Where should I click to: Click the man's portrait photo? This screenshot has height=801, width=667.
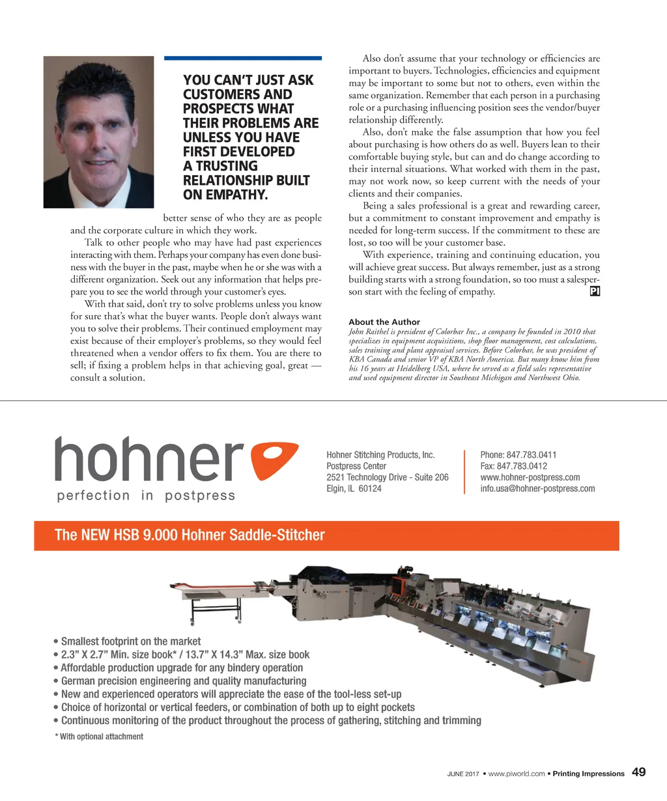coord(98,132)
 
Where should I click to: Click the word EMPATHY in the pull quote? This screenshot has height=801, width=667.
coord(235,195)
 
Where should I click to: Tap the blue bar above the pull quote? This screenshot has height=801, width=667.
coord(243,58)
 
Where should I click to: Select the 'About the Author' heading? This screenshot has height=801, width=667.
coord(384,322)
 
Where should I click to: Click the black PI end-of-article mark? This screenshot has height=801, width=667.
coord(594,292)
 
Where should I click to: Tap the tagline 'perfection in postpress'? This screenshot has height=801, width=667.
coord(146,496)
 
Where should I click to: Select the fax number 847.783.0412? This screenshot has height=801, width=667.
coord(522,466)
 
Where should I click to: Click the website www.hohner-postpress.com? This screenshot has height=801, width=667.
coord(530,477)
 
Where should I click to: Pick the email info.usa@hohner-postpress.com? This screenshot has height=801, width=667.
coord(537,488)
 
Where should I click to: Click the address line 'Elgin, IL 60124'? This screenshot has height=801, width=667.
coord(354,488)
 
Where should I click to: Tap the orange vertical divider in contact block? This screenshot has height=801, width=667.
coord(464,471)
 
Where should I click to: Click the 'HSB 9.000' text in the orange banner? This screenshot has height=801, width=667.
coord(145,535)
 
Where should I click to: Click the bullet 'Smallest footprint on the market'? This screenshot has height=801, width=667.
coord(130,641)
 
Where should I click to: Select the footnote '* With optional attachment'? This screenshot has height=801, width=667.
coord(99,737)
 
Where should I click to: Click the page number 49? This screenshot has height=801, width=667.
coord(639,772)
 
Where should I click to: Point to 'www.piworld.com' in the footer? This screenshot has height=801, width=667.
coord(517,774)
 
